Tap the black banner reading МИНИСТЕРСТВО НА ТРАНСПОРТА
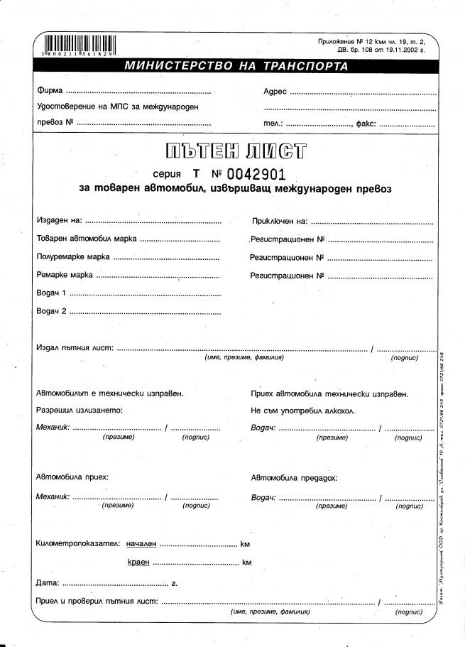236,67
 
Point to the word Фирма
49,92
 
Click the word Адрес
275,92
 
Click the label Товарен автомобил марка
86,239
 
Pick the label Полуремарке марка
72,257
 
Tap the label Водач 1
51,293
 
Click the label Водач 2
51,310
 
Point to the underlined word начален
141,544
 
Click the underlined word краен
138,562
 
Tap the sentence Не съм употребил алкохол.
303,411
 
